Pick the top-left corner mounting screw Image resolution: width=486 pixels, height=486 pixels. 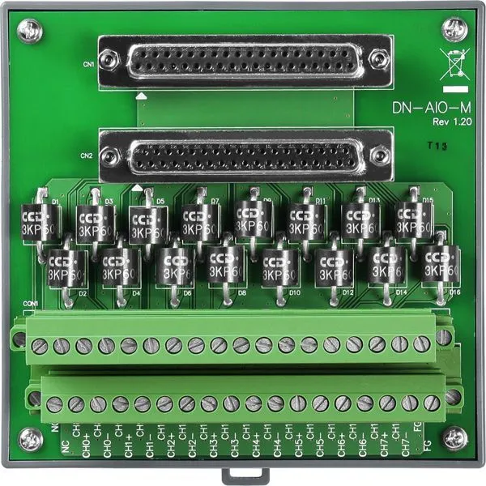tap(31, 32)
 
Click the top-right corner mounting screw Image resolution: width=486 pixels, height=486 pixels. tap(454, 32)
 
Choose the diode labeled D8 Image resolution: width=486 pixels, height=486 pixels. tap(226, 264)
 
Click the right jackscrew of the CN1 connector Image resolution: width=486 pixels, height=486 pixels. tap(378, 60)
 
